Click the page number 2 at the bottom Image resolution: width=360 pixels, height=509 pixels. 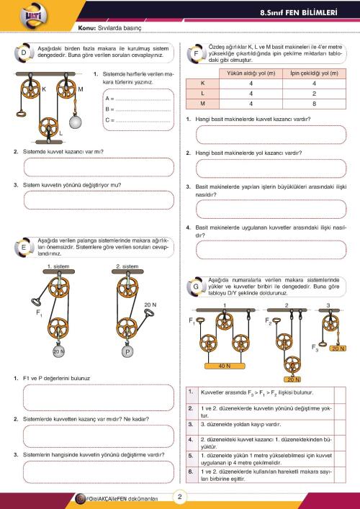[180, 497]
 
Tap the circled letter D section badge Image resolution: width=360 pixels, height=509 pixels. [24, 53]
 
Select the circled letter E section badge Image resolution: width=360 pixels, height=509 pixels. [24, 248]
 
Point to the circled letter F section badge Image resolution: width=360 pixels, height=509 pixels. [196, 53]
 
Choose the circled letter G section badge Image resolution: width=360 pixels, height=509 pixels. [196, 287]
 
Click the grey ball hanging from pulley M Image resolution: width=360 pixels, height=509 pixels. [75, 122]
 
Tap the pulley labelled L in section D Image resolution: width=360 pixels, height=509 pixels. [48, 126]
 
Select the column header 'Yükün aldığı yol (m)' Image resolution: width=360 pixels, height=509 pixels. [251, 73]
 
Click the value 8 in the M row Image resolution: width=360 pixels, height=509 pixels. [314, 104]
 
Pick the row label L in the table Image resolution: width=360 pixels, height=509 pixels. [202, 94]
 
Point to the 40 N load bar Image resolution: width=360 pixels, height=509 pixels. [225, 366]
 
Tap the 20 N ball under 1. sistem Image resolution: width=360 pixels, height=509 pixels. [58, 351]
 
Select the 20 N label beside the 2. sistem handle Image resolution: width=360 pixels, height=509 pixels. [150, 305]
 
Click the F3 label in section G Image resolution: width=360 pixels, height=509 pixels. [315, 347]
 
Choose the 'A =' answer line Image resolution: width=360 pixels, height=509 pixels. [138, 99]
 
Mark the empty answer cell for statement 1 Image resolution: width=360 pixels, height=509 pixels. [340, 395]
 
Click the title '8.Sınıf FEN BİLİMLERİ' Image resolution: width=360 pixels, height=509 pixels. [299, 13]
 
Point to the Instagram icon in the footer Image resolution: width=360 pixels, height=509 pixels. [79, 498]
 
